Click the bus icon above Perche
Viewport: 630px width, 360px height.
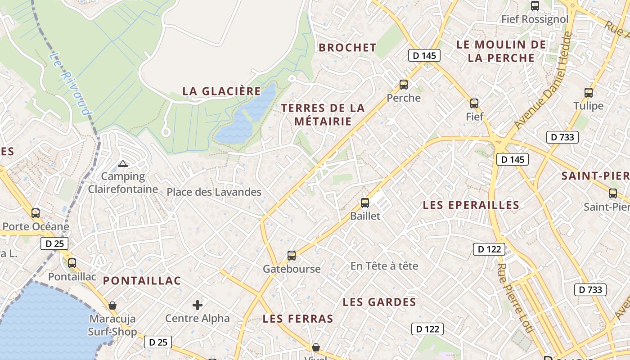pos(404,85)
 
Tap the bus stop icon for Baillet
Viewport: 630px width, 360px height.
pos(365,203)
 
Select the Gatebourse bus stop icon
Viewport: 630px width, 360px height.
pos(292,256)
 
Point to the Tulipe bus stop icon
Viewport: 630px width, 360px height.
pos(589,93)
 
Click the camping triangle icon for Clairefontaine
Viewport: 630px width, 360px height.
pos(123,163)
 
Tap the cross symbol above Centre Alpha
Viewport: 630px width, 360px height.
pos(198,305)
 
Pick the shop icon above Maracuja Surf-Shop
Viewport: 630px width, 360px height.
pos(112,306)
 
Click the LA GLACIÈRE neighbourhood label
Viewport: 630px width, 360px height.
pos(221,91)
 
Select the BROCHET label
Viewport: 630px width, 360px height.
pos(347,48)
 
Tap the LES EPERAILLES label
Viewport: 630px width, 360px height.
pos(471,205)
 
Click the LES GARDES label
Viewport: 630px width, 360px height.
pos(379,302)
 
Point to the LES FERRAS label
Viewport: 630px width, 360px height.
pos(298,319)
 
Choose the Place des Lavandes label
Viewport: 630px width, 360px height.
pos(214,192)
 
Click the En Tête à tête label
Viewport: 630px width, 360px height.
pos(384,266)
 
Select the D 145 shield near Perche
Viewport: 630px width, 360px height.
pos(424,56)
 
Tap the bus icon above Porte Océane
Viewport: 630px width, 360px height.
pos(36,213)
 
